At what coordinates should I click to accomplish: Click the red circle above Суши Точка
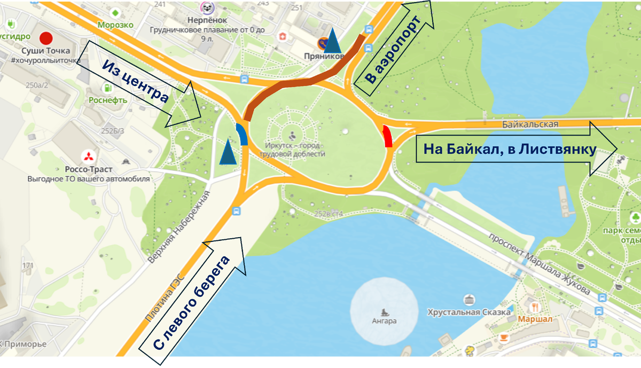(x=46, y=38)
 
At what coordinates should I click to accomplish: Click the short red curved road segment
(x=388, y=137)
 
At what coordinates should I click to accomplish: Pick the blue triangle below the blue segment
(x=228, y=152)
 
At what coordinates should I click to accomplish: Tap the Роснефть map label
(x=108, y=100)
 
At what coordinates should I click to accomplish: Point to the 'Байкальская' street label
(x=530, y=124)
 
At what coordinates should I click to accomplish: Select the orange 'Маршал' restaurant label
(x=535, y=319)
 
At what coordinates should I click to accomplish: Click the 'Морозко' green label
(x=115, y=25)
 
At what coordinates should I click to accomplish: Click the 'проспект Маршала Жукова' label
(x=540, y=265)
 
